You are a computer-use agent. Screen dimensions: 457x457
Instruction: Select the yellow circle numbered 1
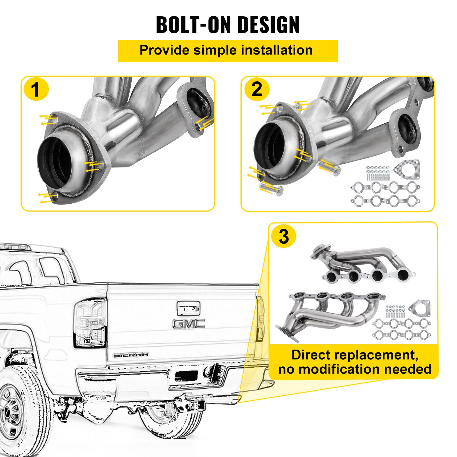coord(36,90)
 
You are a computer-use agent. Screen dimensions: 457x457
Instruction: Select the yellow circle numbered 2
coord(257,90)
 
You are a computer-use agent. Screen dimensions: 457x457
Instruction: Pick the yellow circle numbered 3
coord(284,236)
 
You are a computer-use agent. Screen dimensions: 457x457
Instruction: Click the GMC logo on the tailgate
coord(189,324)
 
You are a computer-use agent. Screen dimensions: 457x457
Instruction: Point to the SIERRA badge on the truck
coord(131,355)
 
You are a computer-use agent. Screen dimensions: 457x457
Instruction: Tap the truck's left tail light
coord(90,323)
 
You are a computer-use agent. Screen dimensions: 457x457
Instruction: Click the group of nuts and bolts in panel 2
coord(378,173)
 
